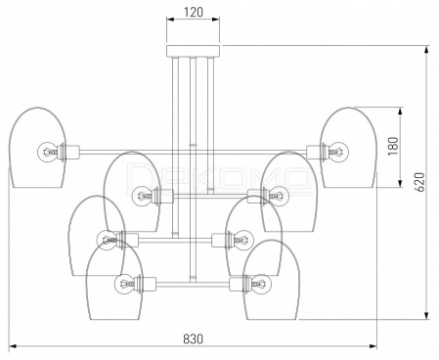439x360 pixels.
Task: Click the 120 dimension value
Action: tap(194, 12)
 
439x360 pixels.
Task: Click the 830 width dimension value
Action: tap(193, 338)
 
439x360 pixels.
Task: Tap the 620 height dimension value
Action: tap(420, 182)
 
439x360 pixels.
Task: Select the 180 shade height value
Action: tap(393, 146)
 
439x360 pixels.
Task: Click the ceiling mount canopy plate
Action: tap(194, 51)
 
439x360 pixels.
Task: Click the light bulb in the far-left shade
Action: tap(48, 152)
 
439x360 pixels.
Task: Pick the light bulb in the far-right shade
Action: tap(338, 152)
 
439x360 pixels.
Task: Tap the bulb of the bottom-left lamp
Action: tap(124, 284)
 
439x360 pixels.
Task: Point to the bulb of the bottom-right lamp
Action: tap(261, 284)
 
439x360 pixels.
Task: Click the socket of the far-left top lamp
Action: tap(68, 152)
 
